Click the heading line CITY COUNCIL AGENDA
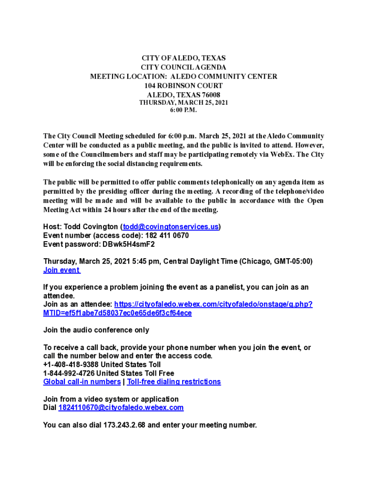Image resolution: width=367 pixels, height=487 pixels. (183, 67)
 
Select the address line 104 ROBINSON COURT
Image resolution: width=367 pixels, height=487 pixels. (183, 86)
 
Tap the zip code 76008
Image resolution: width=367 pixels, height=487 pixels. (210, 95)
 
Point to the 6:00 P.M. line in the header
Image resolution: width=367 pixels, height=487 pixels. (183, 110)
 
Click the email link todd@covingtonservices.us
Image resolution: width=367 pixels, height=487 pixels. (171, 227)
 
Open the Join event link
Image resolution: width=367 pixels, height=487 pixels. (61, 270)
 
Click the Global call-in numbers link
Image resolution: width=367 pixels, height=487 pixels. (82, 382)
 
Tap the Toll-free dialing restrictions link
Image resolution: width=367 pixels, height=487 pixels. (174, 382)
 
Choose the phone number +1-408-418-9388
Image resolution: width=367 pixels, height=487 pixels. (71, 365)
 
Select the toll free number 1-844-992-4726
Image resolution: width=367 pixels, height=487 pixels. (69, 373)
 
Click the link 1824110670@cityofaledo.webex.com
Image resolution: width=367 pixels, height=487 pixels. (121, 408)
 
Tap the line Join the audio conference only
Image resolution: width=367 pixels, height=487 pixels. (96, 330)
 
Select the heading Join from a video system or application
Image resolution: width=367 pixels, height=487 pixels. (111, 399)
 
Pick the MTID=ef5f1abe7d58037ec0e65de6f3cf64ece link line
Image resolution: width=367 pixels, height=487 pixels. (118, 313)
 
